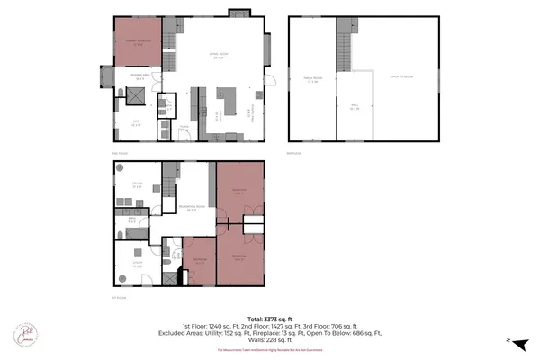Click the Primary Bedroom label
click(x=137, y=40)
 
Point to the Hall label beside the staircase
click(x=355, y=107)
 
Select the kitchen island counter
click(x=227, y=95)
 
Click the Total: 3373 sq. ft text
click(x=269, y=318)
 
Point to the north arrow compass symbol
click(x=509, y=340)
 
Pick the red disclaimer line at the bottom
click(x=269, y=350)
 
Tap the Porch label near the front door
click(x=184, y=127)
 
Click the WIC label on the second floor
click(x=137, y=124)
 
